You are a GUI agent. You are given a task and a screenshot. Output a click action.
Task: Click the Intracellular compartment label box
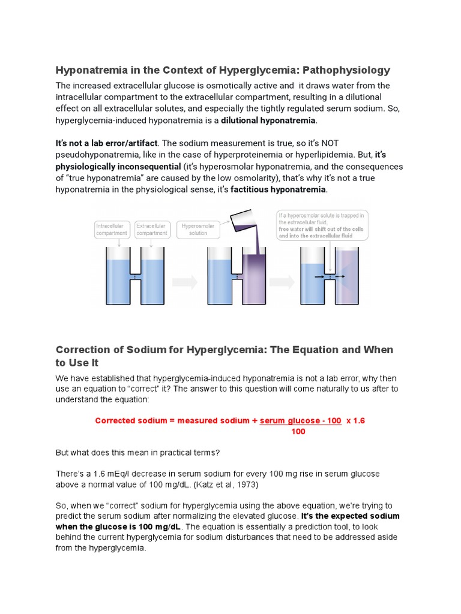point(111,230)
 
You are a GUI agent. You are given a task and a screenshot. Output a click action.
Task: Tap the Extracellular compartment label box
point(151,230)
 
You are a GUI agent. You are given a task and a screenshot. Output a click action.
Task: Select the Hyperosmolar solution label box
point(198,230)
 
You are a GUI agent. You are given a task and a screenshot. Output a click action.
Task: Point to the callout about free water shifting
point(323,225)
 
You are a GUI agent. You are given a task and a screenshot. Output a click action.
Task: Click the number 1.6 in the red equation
point(358,421)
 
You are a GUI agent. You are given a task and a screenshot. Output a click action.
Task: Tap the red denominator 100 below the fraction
point(298,432)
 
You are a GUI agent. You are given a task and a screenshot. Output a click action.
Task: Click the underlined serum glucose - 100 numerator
point(300,421)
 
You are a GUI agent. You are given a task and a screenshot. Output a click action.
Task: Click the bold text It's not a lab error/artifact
point(107,143)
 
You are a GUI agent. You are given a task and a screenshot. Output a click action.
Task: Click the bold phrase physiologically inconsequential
point(118,166)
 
